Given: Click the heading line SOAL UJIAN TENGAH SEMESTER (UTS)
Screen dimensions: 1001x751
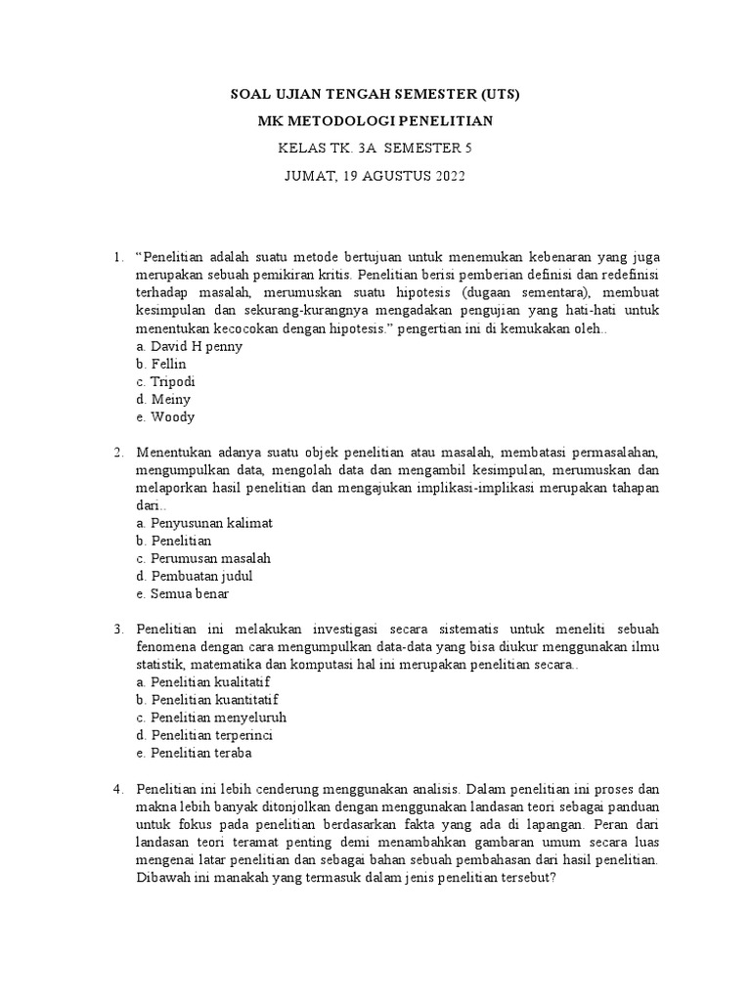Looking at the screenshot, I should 375,95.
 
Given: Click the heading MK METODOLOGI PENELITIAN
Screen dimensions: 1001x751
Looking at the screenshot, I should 375,121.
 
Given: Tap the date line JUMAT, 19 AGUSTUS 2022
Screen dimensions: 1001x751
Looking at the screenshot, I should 375,176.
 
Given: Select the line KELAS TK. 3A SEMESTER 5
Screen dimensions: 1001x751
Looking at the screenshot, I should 375,149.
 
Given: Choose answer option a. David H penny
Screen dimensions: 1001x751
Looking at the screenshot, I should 190,346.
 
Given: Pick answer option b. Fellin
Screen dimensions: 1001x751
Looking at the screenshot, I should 161,364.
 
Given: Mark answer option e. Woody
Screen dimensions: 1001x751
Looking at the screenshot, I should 165,416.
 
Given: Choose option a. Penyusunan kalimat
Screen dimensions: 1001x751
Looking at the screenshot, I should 204,523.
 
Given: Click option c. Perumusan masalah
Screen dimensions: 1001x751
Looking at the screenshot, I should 203,558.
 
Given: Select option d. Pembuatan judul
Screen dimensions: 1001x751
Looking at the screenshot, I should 195,576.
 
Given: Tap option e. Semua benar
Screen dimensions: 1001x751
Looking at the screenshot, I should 183,593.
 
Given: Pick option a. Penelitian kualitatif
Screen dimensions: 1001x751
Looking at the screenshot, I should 203,681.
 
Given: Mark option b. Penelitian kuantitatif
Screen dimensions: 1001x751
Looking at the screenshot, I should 207,699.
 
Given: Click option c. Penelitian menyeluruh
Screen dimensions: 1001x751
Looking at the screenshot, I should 211,717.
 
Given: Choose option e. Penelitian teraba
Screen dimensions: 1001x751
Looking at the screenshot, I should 195,752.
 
